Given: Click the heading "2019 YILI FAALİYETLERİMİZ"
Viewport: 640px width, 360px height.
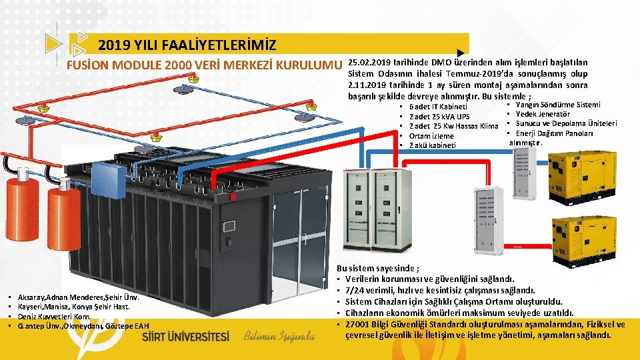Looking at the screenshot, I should pyautogui.click(x=187, y=45).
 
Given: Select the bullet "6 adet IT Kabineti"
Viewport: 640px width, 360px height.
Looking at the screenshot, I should pyautogui.click(x=438, y=107).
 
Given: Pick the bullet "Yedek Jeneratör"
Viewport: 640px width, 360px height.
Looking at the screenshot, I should pyautogui.click(x=542, y=114).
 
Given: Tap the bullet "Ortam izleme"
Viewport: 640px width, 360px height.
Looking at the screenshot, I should pyautogui.click(x=431, y=136).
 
